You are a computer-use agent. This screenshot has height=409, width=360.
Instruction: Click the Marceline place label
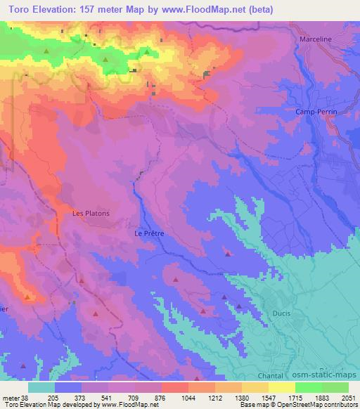pos(314,39)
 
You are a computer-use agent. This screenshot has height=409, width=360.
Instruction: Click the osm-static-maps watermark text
pos(329,377)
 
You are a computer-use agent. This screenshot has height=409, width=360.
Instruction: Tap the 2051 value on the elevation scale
pos(349,397)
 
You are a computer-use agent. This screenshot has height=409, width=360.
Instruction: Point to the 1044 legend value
pos(188,397)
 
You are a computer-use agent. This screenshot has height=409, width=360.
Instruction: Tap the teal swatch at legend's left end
pos(41,387)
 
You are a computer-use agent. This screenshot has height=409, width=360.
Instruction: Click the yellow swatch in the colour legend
pos(282,387)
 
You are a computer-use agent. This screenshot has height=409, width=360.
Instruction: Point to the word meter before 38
pos(11,397)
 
